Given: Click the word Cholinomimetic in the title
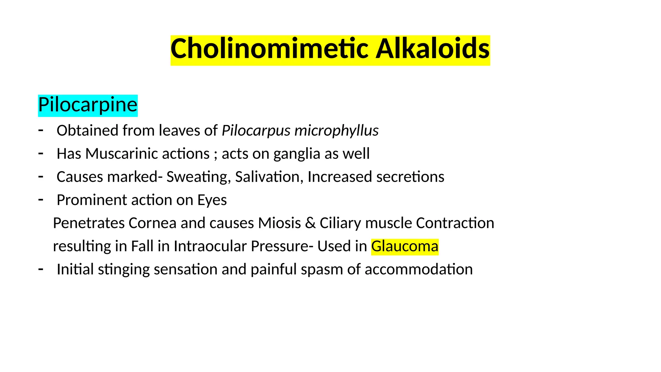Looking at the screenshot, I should coord(269,49).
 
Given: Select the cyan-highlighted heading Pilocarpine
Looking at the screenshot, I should coord(88,105).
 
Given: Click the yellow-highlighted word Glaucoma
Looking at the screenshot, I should coord(405,246).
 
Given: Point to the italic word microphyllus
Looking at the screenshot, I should coord(336,131).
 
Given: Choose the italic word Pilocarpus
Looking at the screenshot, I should coord(256,131).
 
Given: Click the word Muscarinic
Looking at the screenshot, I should coord(147,154).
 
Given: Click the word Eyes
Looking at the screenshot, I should coord(212,200).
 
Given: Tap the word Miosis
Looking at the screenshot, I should coord(280,223).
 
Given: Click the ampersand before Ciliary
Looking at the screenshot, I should coord(310,223).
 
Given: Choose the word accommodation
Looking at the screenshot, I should coord(418,269).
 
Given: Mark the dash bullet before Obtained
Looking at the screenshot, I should coord(41,130).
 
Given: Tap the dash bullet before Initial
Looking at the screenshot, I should coord(41,269).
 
